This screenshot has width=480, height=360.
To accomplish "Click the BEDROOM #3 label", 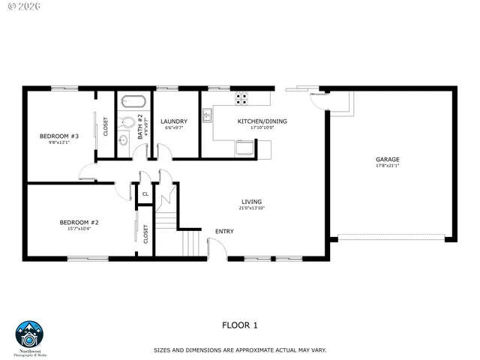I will (54, 136).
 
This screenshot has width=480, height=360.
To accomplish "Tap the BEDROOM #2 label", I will (79, 222).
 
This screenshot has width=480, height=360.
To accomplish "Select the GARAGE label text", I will (387, 159).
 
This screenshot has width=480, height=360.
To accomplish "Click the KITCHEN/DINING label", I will (262, 121).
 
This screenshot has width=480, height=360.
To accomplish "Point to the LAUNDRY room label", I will (174, 121).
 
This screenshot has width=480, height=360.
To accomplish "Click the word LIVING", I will (251, 201).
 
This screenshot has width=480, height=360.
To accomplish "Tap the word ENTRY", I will (224, 231).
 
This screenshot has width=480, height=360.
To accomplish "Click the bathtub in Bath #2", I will (135, 101).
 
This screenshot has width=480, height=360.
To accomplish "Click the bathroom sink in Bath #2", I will (124, 139).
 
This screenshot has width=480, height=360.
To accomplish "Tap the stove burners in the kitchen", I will (241, 97).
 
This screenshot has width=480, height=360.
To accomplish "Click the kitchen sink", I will (207, 115).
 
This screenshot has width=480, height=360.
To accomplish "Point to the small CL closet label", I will (145, 193).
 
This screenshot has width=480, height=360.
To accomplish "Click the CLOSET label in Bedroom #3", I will (106, 126).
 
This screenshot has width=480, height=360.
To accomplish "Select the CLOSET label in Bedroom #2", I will (145, 233).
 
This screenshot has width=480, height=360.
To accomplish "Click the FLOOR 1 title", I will (239, 325).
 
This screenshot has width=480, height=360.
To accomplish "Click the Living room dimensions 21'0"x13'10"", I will (251, 208).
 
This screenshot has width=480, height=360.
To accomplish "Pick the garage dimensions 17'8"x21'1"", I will (387, 166).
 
